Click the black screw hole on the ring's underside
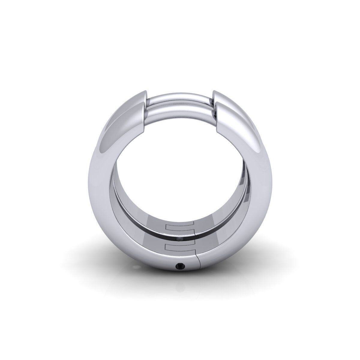tap(180, 265)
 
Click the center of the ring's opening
tap(180, 168)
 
